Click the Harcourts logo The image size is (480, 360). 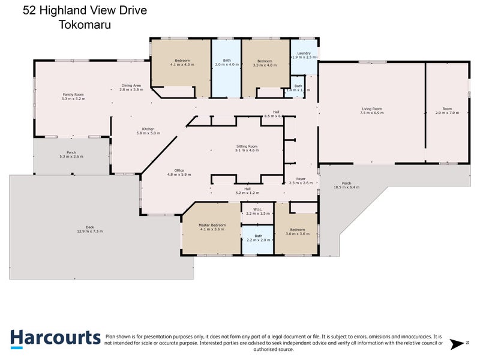pos(55,338)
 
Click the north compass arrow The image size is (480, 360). pos(459,344)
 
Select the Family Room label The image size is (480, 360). pos(73,94)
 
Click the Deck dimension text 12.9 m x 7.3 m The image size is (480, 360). pos(90,231)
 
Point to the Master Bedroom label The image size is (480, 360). pos(212,225)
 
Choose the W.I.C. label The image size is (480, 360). pos(258,209)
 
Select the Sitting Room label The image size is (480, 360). pos(247,146)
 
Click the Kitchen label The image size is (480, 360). pos(148,129)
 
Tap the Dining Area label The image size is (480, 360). pos(131,85)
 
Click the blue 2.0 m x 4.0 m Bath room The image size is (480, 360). pos(226,66)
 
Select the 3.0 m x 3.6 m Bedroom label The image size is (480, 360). pos(296,230)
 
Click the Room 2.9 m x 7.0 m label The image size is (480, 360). pos(447,109)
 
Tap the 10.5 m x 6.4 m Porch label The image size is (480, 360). pos(346,183)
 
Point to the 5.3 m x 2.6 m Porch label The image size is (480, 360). pos(71,152)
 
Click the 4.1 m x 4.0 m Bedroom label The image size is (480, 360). pos(182,61)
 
